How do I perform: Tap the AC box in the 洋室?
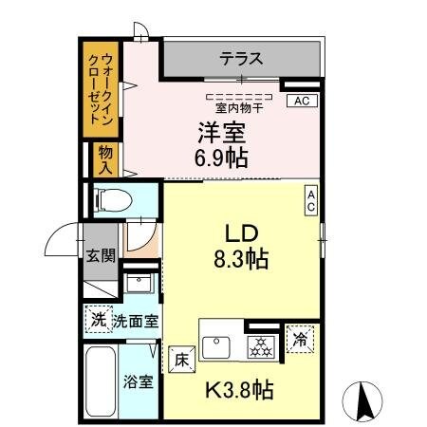[301, 101]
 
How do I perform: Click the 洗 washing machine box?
[98, 321]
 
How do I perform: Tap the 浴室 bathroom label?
[138, 382]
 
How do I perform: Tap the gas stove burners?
[260, 346]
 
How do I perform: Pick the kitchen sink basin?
[217, 345]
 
